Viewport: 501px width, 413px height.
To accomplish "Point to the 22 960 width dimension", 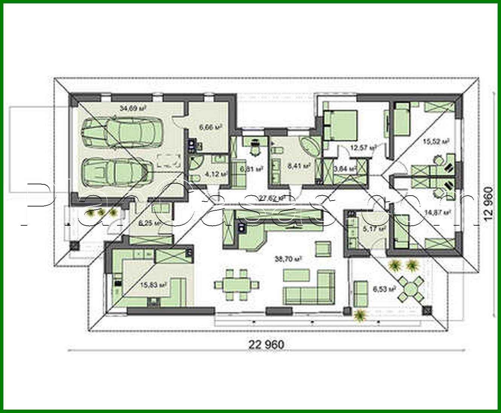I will pos(266,344).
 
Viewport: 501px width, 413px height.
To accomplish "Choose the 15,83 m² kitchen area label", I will pos(157,285).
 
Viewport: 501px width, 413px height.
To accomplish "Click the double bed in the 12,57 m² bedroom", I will pos(341,125).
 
